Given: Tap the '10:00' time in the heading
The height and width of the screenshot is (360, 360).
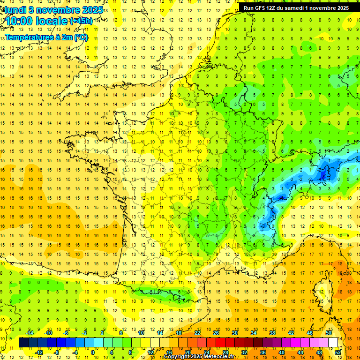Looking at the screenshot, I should pos(19,22).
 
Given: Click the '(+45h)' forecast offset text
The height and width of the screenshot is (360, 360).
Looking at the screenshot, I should pos(81,21).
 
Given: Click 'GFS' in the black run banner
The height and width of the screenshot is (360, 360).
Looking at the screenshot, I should pos(262,8).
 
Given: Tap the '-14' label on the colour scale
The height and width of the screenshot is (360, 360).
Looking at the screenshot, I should pos(29,333).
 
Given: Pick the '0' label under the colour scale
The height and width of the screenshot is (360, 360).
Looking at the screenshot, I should pos(92,352).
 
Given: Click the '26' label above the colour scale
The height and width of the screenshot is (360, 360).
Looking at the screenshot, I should pos(216,333).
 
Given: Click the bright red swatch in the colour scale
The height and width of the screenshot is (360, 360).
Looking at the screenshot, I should pos(221,343).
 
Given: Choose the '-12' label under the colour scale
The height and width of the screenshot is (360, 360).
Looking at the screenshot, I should pos(39,352).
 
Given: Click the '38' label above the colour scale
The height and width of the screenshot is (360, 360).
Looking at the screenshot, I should pos(272,333).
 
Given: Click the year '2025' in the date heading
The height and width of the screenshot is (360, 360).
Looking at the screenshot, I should pos(87,9).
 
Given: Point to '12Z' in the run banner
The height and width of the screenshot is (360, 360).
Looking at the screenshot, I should pos(275,8).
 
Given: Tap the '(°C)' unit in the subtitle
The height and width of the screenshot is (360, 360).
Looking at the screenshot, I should pos(80,37).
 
